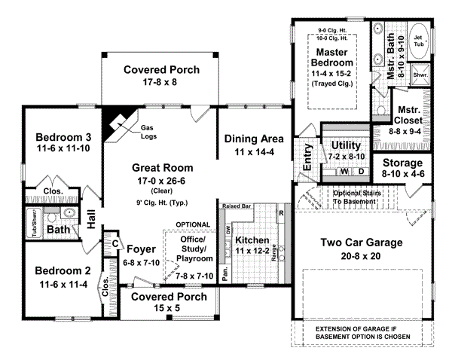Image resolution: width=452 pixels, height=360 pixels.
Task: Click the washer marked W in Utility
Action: click(x=345, y=172)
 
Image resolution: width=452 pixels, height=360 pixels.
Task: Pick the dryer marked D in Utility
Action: click(x=360, y=172)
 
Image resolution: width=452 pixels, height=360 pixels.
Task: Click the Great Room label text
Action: click(x=162, y=167)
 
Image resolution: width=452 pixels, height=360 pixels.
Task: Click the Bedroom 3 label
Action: click(x=63, y=137)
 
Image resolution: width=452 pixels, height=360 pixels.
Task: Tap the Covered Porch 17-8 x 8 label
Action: click(x=162, y=70)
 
